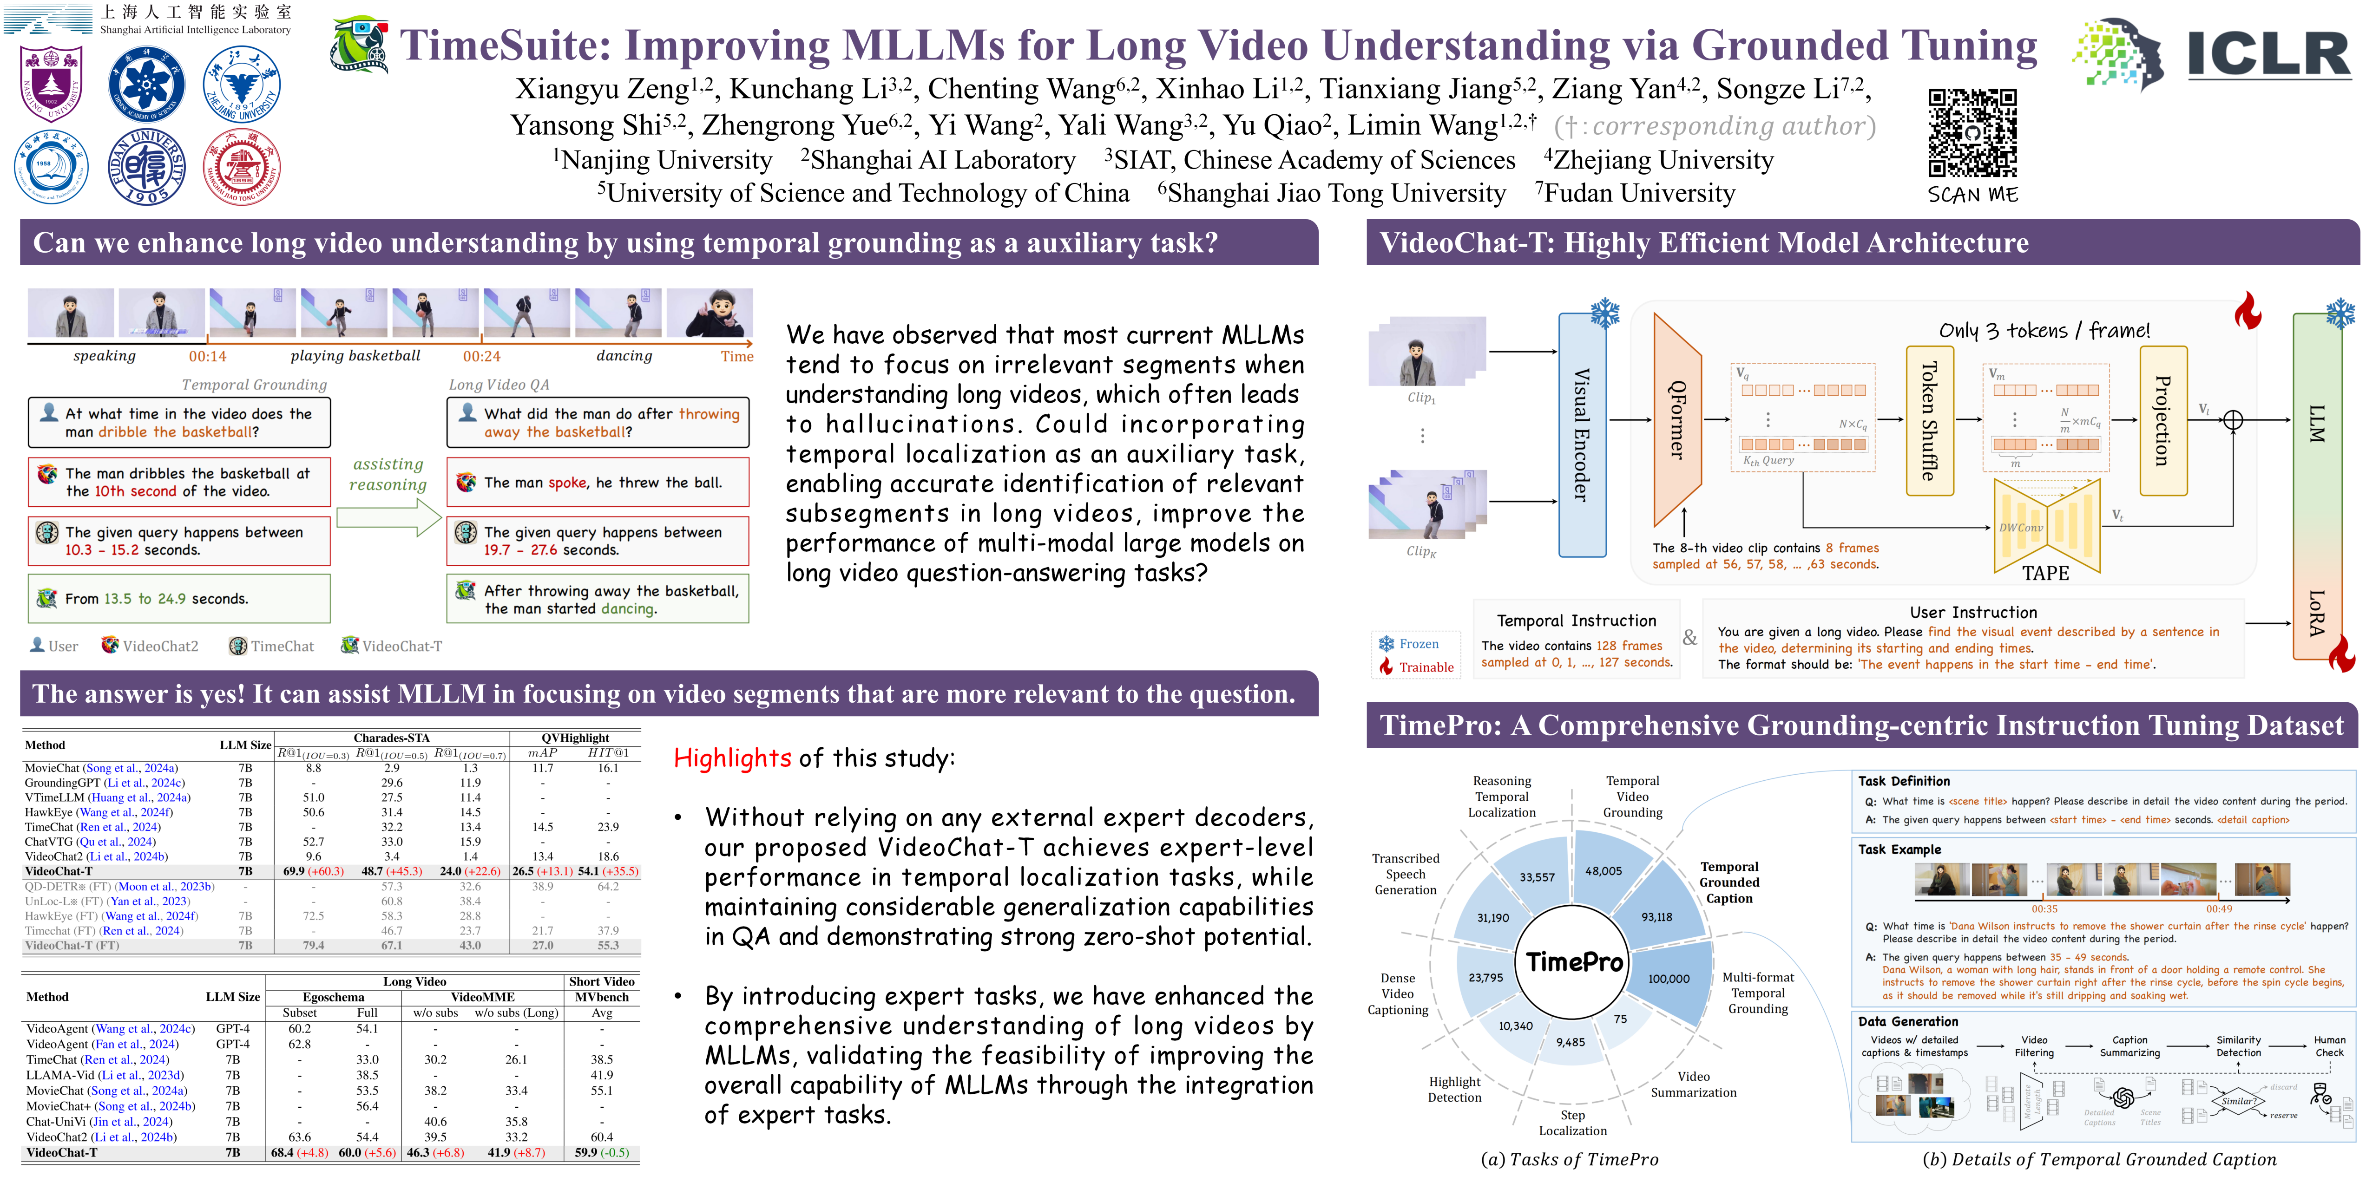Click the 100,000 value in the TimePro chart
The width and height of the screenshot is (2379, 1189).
pyautogui.click(x=1669, y=979)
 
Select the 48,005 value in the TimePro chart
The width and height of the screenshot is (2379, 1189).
pyautogui.click(x=1603, y=870)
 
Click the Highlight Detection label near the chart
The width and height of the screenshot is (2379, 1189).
pyautogui.click(x=1454, y=1089)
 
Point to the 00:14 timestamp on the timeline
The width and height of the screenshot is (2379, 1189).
pyautogui.click(x=208, y=356)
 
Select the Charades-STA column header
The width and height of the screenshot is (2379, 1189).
pyautogui.click(x=392, y=738)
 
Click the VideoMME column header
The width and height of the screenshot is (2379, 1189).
pyautogui.click(x=482, y=997)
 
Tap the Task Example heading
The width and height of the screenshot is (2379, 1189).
pyautogui.click(x=1899, y=849)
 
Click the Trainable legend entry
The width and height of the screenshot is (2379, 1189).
pyautogui.click(x=1425, y=667)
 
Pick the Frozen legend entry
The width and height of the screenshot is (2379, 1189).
pyautogui.click(x=1418, y=643)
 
